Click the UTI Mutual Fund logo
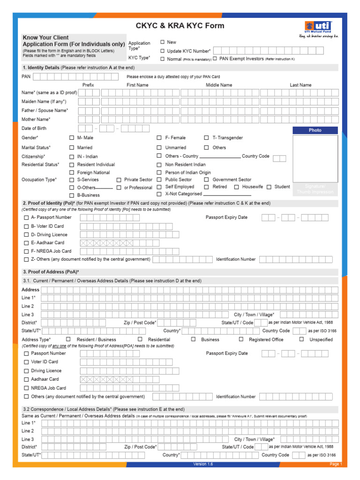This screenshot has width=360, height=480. pos(318,27)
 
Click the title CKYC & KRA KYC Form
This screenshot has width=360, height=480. pos(180,26)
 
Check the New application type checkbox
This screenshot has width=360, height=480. pos(163,42)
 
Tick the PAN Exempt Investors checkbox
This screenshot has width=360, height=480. pos(215,59)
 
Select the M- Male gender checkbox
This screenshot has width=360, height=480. pos(72,138)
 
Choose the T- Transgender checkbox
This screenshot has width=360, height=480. pos(206,138)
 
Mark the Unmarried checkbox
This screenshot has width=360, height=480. pos(159,148)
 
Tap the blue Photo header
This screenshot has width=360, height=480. pos(315,130)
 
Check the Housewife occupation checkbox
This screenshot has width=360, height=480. pos(237,187)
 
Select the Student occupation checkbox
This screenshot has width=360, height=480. pos(269,187)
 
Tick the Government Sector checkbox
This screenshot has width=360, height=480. pos(206,180)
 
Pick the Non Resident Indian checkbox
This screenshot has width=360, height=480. pos(159,165)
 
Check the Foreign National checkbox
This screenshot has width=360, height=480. pos(72,172)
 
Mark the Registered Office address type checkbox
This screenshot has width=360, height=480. pos(241,339)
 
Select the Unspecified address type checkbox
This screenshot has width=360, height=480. pos(302,339)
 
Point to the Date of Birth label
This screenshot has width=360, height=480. pos(34,128)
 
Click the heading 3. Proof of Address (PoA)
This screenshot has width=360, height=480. pos(51,272)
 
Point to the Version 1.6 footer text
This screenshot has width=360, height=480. pos(203,464)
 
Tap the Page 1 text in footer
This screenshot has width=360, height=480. pos(336,464)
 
